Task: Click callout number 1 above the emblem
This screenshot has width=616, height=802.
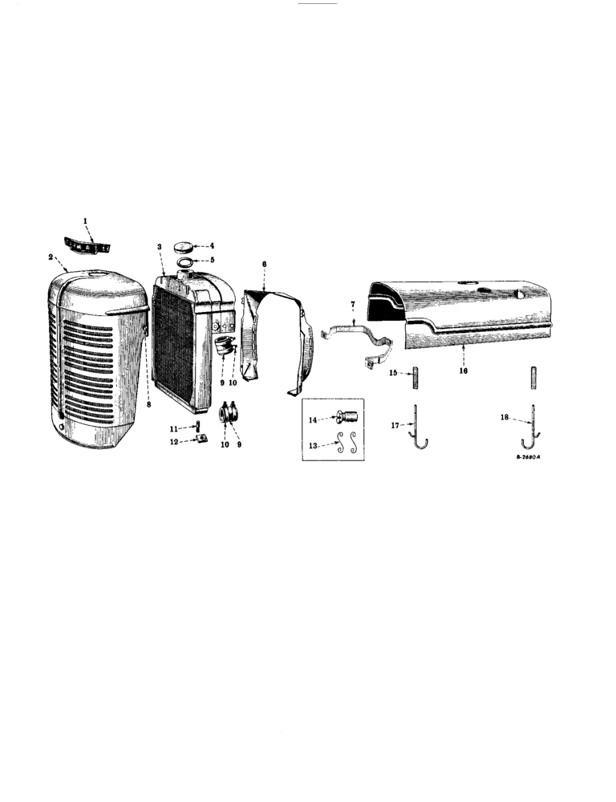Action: (x=87, y=219)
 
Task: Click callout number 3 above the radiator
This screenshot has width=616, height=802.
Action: (x=160, y=247)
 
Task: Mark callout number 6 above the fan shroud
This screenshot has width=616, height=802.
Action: (x=265, y=263)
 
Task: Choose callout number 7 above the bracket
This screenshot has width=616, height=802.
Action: (x=352, y=306)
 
